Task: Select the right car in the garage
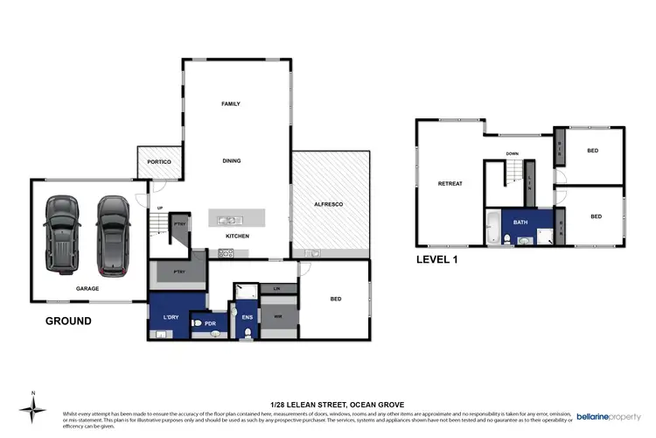click(113, 230)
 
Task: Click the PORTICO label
click(158, 162)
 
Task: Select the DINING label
click(231, 160)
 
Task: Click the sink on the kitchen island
click(226, 219)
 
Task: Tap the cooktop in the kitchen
click(226, 253)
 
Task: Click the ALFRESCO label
click(328, 204)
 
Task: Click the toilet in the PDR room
click(197, 324)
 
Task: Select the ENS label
click(248, 318)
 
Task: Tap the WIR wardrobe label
click(278, 318)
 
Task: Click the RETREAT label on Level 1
click(450, 183)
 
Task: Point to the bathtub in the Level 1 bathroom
click(492, 227)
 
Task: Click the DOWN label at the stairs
click(513, 153)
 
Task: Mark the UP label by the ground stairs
click(159, 208)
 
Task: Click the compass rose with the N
click(33, 408)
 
